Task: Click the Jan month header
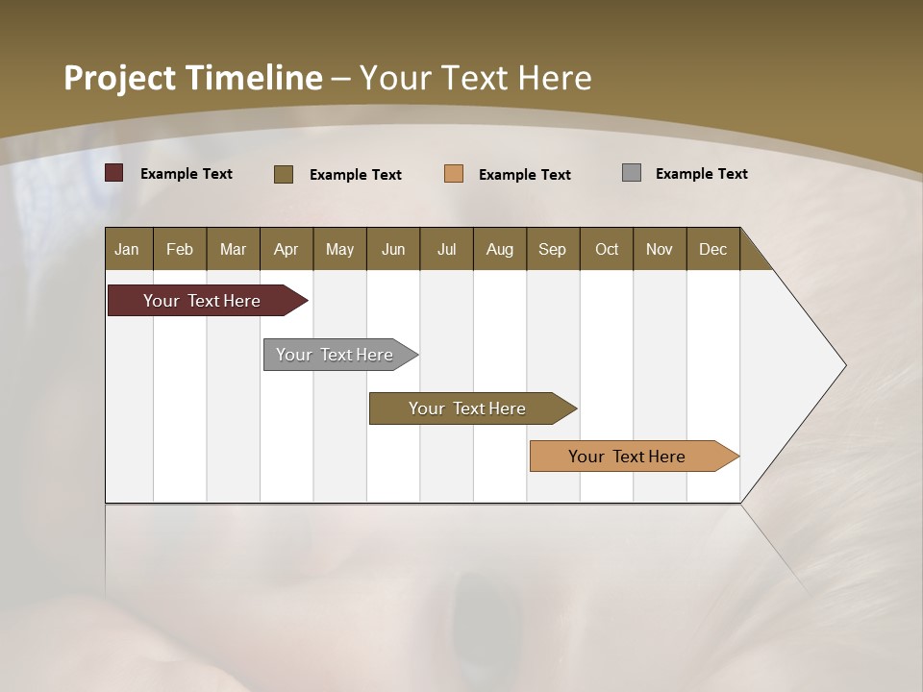[128, 249]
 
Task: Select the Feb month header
[180, 249]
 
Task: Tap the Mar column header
[233, 249]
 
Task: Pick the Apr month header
[287, 249]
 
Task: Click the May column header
[339, 249]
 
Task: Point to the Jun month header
[393, 249]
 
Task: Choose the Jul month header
[446, 249]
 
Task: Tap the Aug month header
[500, 249]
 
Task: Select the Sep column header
[553, 249]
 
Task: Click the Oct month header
[607, 249]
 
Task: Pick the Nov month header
[660, 249]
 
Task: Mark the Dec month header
[713, 249]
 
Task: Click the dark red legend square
[114, 173]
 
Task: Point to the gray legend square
[632, 173]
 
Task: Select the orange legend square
[454, 174]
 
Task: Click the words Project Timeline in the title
[192, 78]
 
